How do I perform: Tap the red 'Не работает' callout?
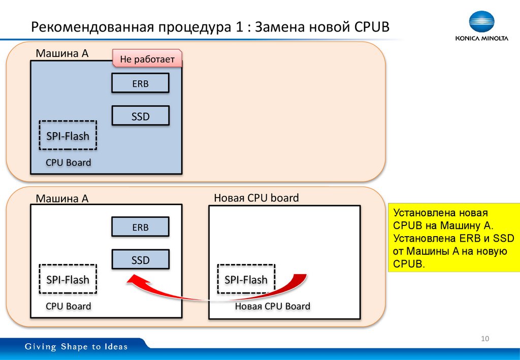pyautogui.click(x=147, y=59)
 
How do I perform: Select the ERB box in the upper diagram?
pyautogui.click(x=140, y=83)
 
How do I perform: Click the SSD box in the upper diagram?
pyautogui.click(x=140, y=116)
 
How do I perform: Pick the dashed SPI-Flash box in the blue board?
pyautogui.click(x=68, y=135)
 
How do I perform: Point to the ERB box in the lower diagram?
pyautogui.click(x=140, y=227)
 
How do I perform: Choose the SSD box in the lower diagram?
pyautogui.click(x=140, y=260)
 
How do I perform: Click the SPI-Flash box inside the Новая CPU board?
pyautogui.click(x=246, y=279)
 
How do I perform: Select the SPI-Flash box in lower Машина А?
pyautogui.click(x=68, y=279)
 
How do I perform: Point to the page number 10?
pyautogui.click(x=484, y=339)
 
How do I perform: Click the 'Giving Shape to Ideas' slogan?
pyautogui.click(x=77, y=347)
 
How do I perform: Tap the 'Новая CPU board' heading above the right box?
pyautogui.click(x=256, y=198)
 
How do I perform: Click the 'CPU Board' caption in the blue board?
pyautogui.click(x=68, y=162)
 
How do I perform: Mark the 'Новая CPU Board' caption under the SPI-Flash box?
pyautogui.click(x=272, y=306)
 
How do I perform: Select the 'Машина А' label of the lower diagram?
pyautogui.click(x=62, y=199)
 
